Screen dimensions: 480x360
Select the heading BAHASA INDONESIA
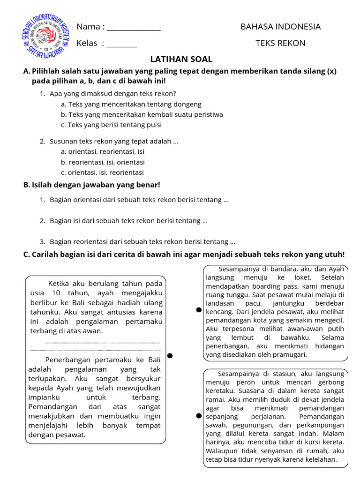[x=280, y=27]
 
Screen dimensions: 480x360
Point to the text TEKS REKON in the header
[x=280, y=44]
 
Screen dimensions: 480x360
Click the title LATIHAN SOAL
[x=181, y=60]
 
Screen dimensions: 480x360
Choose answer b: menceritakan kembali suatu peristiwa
[x=142, y=114]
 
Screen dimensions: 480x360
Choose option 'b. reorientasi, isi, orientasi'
[x=102, y=162]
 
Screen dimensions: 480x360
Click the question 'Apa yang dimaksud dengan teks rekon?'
[x=112, y=93]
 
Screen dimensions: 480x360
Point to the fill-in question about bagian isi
[x=128, y=220]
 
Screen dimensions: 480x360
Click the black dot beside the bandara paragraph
[x=199, y=310]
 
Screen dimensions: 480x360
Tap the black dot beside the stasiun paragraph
[x=199, y=416]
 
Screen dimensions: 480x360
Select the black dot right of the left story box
[x=170, y=356]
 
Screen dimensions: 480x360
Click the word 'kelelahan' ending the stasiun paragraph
[x=321, y=459]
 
